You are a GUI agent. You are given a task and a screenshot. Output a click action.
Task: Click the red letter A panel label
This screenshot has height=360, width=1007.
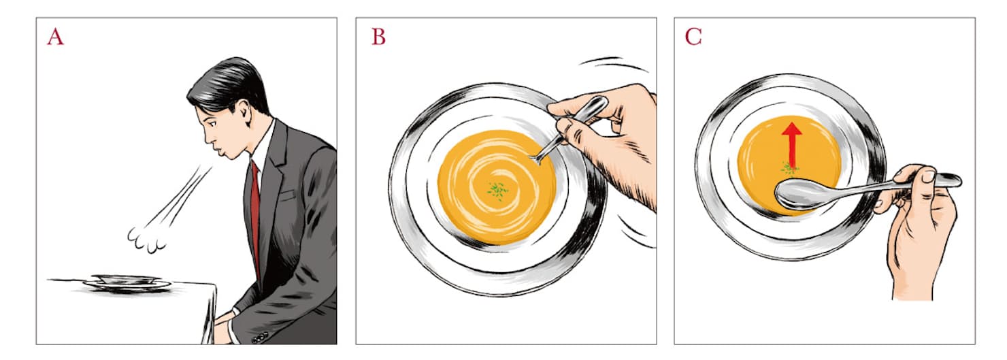pyautogui.click(x=55, y=37)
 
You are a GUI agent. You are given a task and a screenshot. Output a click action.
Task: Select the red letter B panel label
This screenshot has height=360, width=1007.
pyautogui.click(x=378, y=37)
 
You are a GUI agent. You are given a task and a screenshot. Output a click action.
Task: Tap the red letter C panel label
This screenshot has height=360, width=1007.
pyautogui.click(x=693, y=37)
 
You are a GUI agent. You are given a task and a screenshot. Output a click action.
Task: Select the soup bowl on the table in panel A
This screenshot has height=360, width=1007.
pyautogui.click(x=127, y=281)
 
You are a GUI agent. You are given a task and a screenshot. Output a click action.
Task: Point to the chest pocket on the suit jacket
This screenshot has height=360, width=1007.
pyautogui.click(x=287, y=195)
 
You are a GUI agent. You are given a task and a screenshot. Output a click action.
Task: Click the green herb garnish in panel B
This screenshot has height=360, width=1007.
pyautogui.click(x=497, y=191)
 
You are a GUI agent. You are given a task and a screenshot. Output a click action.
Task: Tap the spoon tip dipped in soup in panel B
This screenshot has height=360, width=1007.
pyautogui.click(x=538, y=158)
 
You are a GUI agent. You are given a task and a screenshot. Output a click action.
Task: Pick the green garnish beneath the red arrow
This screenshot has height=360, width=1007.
pyautogui.click(x=789, y=168)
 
